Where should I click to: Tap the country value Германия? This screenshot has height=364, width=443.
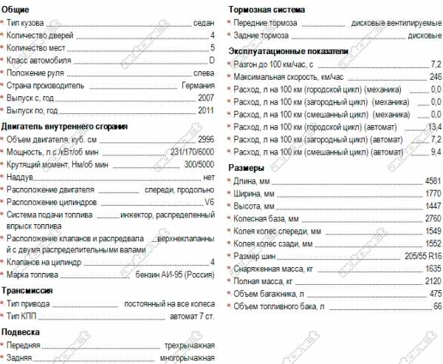tap(197, 86)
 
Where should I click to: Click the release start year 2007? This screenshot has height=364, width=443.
tap(206, 98)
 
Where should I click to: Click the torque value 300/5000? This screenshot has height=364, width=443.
tap(196, 165)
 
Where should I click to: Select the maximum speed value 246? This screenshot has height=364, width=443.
tap(435, 77)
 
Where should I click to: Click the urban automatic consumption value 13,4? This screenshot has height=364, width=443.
tap(434, 127)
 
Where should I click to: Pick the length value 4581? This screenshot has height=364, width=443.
tap(433, 181)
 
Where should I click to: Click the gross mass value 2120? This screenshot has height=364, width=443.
tap(433, 281)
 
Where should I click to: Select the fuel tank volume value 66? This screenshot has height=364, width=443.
tap(436, 306)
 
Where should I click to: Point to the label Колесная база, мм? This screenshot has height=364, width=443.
tap(266, 219)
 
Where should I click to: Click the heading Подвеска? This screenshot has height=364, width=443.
tap(21, 332)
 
